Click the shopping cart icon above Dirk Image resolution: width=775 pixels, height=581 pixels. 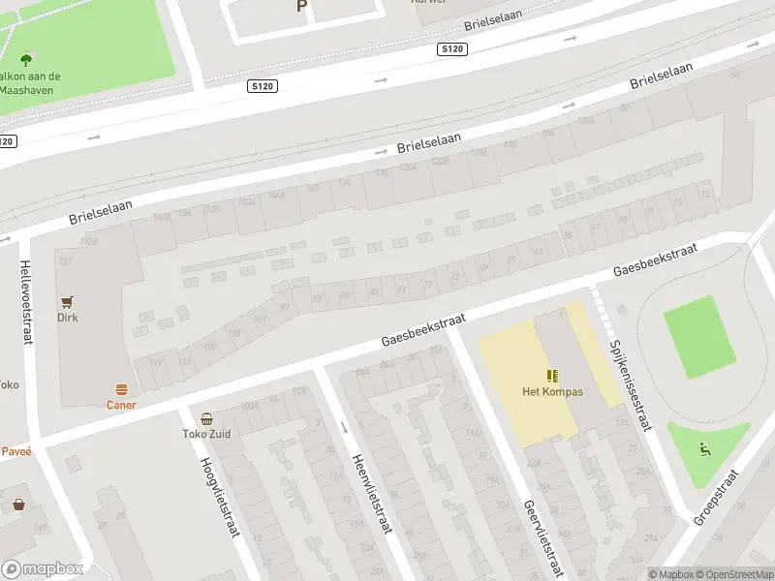(x=67, y=302)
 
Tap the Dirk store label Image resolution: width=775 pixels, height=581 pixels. (x=67, y=318)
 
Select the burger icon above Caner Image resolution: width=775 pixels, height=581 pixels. (x=121, y=390)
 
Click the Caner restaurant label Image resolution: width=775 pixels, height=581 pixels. (x=121, y=405)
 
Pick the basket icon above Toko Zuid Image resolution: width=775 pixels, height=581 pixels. (x=207, y=419)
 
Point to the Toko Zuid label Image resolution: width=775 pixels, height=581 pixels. (x=207, y=435)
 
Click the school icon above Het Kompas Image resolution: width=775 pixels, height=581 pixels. (x=552, y=377)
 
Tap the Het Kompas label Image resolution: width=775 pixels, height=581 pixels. (x=552, y=392)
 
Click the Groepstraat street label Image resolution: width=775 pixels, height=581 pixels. (x=716, y=497)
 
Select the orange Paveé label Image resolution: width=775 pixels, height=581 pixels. (x=15, y=450)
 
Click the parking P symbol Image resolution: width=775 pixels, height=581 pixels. (x=301, y=6)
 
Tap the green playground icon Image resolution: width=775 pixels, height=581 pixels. (x=703, y=449)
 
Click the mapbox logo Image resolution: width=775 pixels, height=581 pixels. (x=43, y=569)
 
